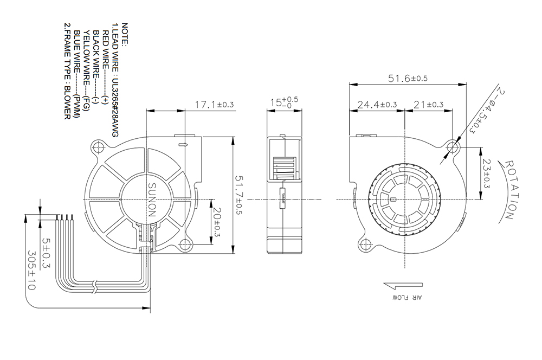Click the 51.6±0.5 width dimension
coord(408,79)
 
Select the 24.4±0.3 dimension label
coord(377,104)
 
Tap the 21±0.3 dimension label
coord(428,104)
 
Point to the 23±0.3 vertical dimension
coord(486,173)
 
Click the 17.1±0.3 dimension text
coord(214,104)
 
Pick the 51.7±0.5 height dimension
coord(239,195)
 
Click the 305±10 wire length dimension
coord(31,271)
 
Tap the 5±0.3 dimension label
coord(46,253)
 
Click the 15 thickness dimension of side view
coord(284,102)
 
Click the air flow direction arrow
coord(403,286)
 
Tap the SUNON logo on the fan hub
coord(152,200)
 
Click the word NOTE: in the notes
coord(125,35)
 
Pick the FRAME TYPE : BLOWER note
coord(68,71)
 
